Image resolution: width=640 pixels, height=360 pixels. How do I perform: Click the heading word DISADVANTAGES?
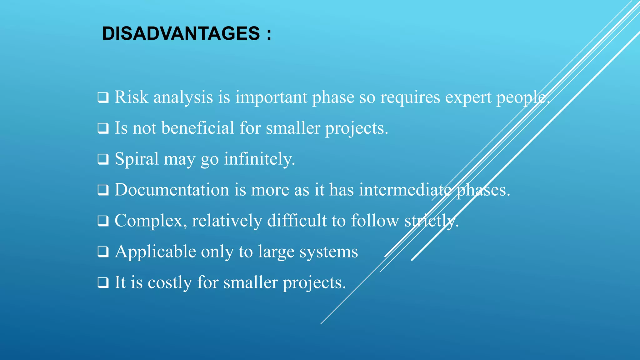coord(181,33)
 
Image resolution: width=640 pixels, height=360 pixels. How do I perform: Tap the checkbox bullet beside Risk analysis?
coord(103,97)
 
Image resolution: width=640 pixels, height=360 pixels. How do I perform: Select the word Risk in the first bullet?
coord(131,97)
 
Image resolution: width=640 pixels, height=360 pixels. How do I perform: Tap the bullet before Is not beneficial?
coord(103,128)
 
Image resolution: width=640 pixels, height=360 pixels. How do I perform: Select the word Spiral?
coord(137,159)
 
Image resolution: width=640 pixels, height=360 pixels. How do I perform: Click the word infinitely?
coord(259,159)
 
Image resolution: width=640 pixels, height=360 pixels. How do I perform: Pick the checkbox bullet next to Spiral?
coord(103,159)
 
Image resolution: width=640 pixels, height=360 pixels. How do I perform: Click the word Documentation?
coord(172,190)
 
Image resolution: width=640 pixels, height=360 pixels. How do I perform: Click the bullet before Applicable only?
coord(103,252)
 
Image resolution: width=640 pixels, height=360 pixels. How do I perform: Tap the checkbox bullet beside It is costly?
coord(103,282)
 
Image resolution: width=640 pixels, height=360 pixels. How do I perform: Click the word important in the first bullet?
coord(271,97)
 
